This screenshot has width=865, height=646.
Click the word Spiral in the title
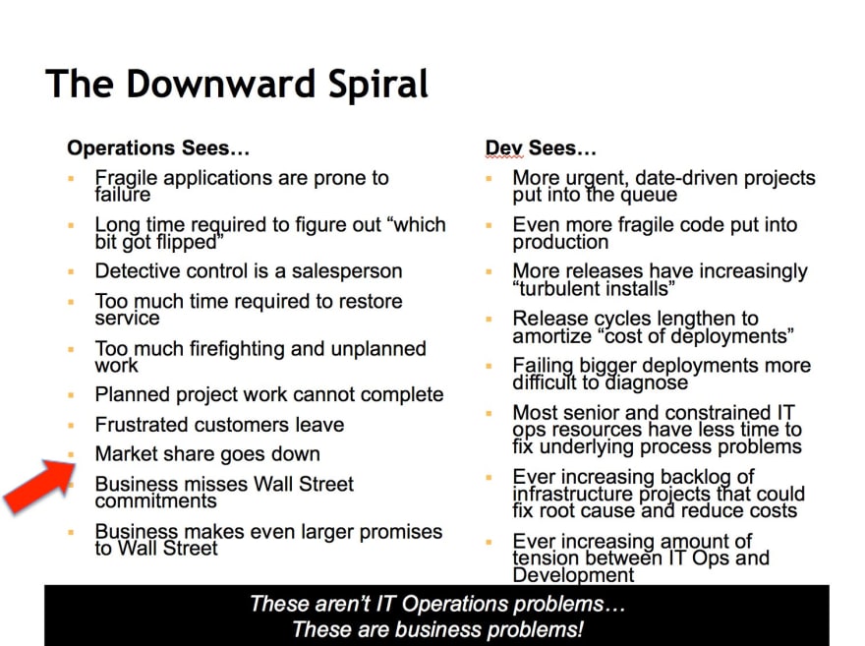pyautogui.click(x=377, y=85)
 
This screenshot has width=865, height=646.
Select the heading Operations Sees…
pyautogui.click(x=158, y=147)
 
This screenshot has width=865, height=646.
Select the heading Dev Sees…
pyautogui.click(x=541, y=147)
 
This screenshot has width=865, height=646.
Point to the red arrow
pyautogui.click(x=39, y=487)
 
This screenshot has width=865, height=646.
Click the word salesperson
pyautogui.click(x=347, y=271)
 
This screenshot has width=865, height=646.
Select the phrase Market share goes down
pyautogui.click(x=207, y=454)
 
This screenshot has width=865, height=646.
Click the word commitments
pyautogui.click(x=155, y=500)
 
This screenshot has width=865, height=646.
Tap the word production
pyautogui.click(x=560, y=243)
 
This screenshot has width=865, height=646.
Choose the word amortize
pyautogui.click(x=551, y=336)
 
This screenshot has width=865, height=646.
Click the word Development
pyautogui.click(x=573, y=575)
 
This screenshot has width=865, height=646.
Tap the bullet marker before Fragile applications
pyautogui.click(x=71, y=178)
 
